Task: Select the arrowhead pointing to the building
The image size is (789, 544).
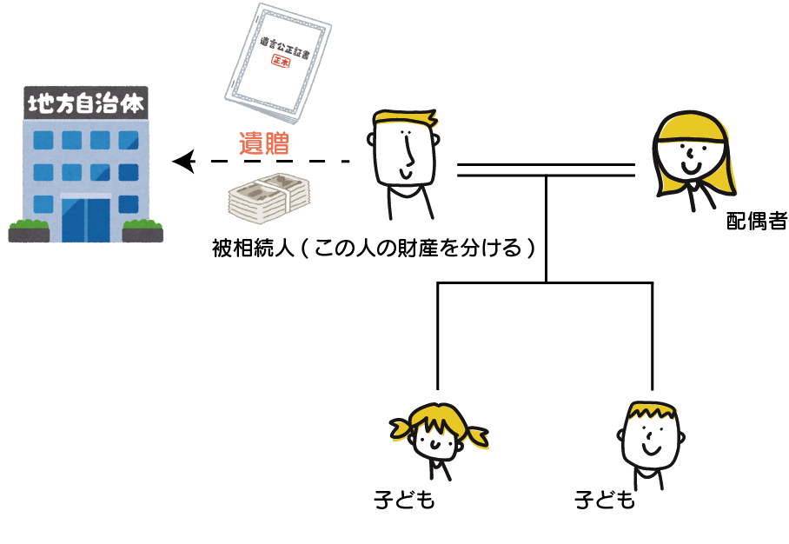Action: (x=182, y=161)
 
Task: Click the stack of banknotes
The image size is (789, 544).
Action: (x=269, y=196)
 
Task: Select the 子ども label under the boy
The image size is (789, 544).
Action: (x=605, y=501)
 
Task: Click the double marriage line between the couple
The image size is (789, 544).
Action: (x=547, y=169)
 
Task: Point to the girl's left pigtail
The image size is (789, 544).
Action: (x=400, y=428)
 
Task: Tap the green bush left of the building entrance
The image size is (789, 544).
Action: (x=30, y=231)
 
